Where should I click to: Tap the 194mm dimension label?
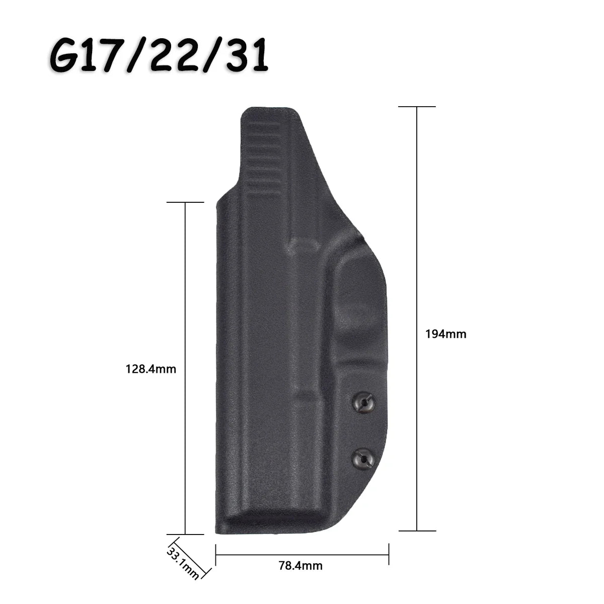446,334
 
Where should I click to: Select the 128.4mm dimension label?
151,369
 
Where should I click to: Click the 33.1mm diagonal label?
182,563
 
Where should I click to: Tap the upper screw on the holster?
363,402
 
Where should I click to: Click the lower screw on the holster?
363,460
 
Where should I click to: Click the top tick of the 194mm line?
417,107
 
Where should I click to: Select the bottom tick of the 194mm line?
417,531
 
